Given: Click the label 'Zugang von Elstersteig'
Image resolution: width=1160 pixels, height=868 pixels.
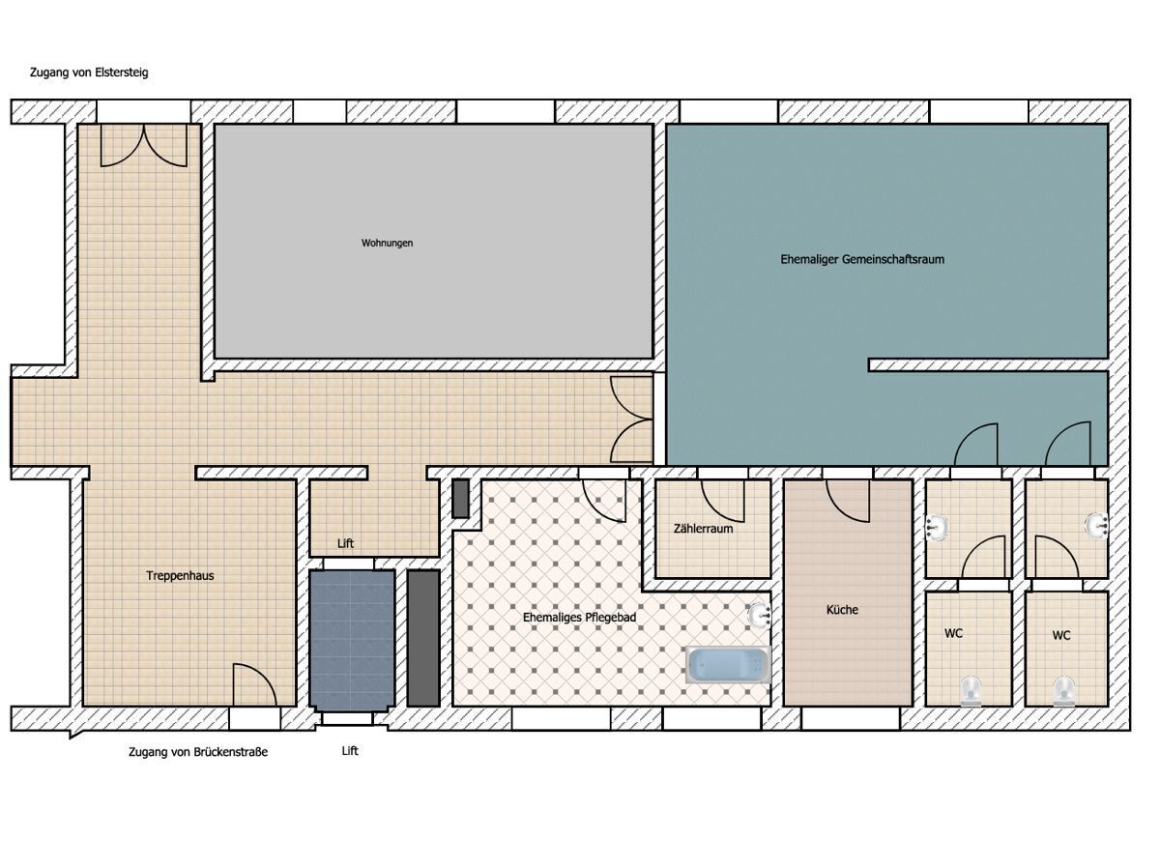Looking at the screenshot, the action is pos(89,72).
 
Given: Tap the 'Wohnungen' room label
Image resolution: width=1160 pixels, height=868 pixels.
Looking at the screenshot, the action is pos(387,243).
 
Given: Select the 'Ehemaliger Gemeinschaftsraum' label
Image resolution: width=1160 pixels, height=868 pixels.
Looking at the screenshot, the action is pos(862,259).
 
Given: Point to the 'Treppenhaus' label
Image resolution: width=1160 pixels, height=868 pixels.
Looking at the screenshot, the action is pos(180,575).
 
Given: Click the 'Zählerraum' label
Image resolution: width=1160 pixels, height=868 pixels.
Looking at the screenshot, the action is pos(703,529).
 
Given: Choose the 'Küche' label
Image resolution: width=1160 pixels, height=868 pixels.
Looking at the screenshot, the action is pos(842,610).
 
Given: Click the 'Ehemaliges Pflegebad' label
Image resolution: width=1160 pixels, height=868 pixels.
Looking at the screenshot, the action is pos(579,617).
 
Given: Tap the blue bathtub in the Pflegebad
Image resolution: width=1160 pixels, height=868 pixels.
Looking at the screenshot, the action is pos(728,665).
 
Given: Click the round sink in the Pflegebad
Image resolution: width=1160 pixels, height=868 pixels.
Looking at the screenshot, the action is pos(759,616).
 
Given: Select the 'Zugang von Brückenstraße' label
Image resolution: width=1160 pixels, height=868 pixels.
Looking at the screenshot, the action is pos(198,752).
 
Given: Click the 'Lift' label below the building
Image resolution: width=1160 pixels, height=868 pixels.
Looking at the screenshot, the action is pos(350,751).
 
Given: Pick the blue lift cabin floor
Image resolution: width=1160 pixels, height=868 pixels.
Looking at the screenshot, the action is pos(352,640).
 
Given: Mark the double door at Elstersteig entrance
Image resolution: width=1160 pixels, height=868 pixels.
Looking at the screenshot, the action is pos(144,145).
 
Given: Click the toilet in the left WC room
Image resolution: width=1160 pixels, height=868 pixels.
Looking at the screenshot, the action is pos(971,690).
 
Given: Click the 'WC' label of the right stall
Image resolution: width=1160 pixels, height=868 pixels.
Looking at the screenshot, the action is pos(1060,635).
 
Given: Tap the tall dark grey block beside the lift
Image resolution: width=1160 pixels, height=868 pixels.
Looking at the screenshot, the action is pos(423,638).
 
